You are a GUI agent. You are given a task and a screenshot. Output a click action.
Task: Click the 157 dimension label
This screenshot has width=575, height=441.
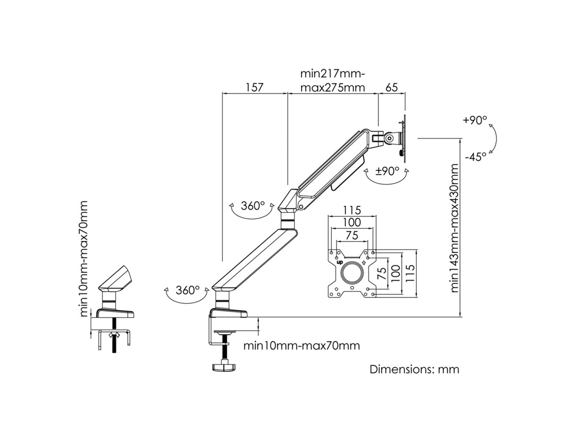[x=254, y=87]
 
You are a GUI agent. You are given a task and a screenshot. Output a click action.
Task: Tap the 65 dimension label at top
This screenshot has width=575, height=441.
[x=392, y=87]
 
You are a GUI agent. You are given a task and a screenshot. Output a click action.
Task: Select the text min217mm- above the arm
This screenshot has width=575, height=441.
[x=333, y=74]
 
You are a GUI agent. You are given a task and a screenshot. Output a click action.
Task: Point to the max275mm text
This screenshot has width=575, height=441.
[x=333, y=87]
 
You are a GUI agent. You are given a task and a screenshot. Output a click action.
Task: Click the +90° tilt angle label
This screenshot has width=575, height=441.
[x=475, y=120]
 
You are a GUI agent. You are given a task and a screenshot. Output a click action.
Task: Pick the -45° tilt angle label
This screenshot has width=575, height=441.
[x=476, y=157]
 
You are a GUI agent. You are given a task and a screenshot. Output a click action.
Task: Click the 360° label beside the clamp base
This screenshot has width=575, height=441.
[x=188, y=290]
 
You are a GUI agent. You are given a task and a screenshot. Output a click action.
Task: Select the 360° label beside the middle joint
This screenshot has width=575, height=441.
[x=253, y=206]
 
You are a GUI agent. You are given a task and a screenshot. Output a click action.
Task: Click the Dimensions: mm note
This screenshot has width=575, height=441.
[x=414, y=369]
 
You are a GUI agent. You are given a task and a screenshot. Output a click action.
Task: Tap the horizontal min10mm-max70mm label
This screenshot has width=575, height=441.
[x=302, y=346]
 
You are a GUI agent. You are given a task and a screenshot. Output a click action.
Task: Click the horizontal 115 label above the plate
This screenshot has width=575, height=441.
[x=352, y=210]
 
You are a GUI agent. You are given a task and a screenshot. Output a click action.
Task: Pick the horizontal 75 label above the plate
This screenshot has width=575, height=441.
[x=352, y=235]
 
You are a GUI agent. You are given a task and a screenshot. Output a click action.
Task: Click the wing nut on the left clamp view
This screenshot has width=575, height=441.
[x=114, y=335]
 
